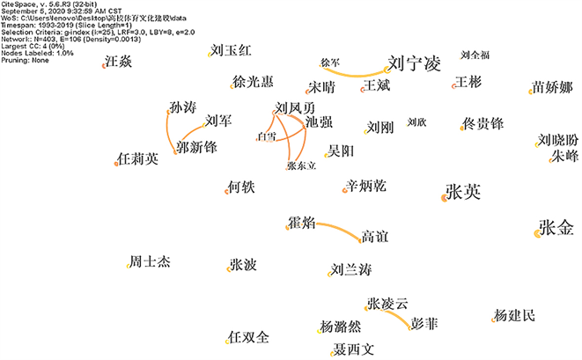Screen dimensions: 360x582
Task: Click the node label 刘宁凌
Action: pyautogui.click(x=413, y=64)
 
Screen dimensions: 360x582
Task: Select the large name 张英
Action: pyautogui.click(x=463, y=192)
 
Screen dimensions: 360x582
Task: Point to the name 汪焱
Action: pyautogui.click(x=118, y=62)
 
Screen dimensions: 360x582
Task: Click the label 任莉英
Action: pyautogui.click(x=138, y=159)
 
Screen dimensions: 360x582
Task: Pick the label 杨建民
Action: pyautogui.click(x=513, y=316)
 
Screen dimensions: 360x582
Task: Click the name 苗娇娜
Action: pyautogui.click(x=553, y=88)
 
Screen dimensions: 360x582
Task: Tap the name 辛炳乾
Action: pyautogui.click(x=365, y=187)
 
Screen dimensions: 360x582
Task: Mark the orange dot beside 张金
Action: pyautogui.click(x=538, y=232)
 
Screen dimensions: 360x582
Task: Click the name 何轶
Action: pyautogui.click(x=240, y=187)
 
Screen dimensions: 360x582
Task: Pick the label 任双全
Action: pyautogui.click(x=247, y=338)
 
